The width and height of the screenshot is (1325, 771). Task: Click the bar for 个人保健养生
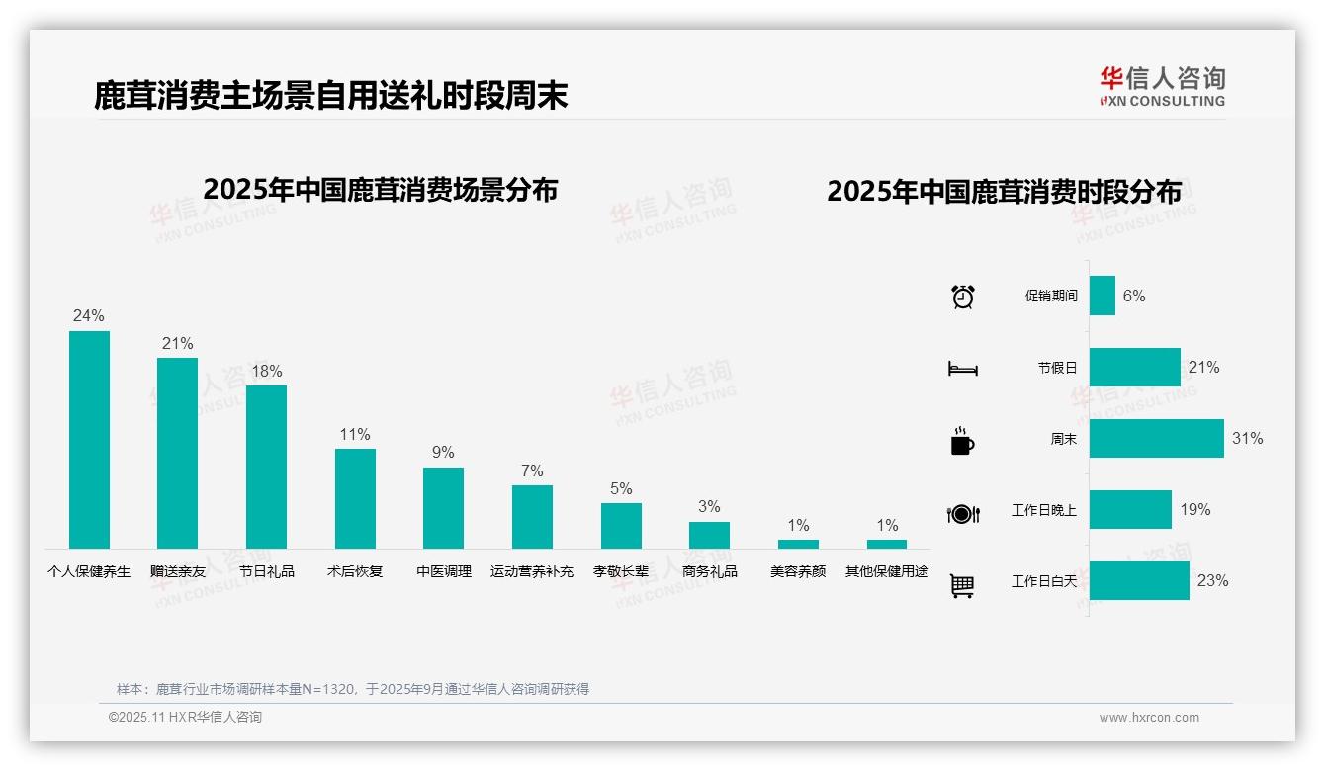pos(89,439)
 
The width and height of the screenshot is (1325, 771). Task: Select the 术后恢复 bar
pos(355,498)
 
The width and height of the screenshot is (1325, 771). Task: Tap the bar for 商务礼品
pos(709,535)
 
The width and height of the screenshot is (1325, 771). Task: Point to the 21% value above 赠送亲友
pos(177,343)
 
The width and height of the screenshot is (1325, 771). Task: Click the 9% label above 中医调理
pos(443,452)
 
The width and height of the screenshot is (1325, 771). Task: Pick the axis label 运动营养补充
pos(532,571)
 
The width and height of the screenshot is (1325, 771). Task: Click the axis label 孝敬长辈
pos(621,571)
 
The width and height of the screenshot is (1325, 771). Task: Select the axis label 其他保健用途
pos(887,571)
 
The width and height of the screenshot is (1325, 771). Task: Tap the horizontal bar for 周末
pos(1156,438)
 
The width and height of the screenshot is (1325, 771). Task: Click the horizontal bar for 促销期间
pos(1102,296)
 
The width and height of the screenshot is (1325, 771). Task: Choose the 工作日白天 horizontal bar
pos(1139,580)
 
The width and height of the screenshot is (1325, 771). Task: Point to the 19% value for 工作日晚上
pos(1194,510)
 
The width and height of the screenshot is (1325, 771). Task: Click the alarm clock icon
pos(962,297)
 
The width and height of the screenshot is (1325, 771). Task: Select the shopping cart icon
pos(962,585)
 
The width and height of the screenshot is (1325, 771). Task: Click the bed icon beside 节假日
pos(962,369)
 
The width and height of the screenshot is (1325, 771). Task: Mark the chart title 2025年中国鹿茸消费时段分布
pos(1004,192)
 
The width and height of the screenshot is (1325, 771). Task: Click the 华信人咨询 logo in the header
pos(1162,86)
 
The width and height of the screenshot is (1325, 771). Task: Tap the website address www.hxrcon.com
pos(1149,718)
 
